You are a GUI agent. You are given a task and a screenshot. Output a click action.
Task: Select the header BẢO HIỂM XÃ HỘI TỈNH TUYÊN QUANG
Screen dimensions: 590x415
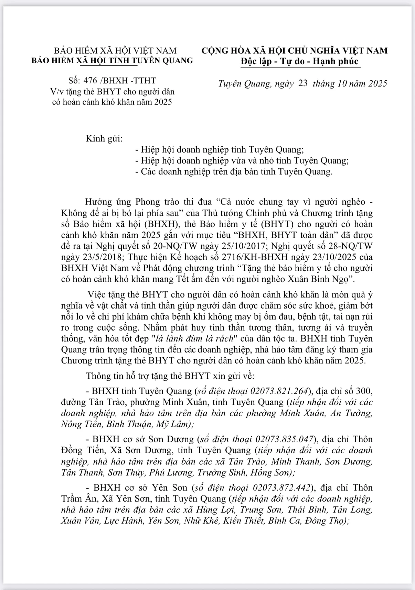point(113,60)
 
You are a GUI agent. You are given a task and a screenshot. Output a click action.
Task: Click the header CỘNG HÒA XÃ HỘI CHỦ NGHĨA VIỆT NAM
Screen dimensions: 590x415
point(295,51)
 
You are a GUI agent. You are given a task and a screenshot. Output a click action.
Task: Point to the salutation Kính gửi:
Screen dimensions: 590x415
point(104,139)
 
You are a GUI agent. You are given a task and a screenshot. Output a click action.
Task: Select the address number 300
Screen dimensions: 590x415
point(364,391)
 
